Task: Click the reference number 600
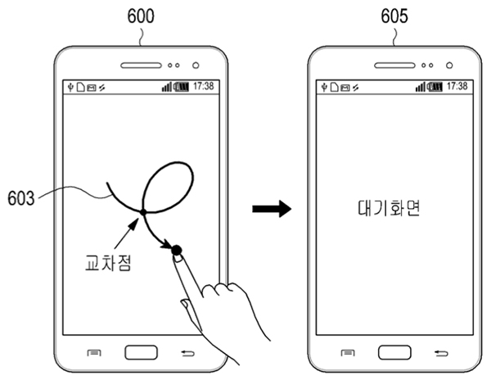point(141,16)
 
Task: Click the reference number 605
point(394,16)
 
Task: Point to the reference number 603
point(21,198)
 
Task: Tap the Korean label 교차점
point(108,263)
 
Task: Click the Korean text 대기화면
point(389,208)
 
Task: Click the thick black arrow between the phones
point(272,209)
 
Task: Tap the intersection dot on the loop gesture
point(143,212)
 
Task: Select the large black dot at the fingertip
point(177,250)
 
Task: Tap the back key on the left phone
point(188,353)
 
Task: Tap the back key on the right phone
point(442,353)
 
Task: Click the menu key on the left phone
point(94,353)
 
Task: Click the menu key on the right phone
point(348,353)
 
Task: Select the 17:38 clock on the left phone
point(204,86)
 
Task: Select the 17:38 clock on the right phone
point(457,86)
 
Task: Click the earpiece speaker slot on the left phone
point(142,66)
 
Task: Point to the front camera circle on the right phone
point(449,66)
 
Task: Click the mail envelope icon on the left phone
point(92,88)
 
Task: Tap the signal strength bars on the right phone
point(421,87)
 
